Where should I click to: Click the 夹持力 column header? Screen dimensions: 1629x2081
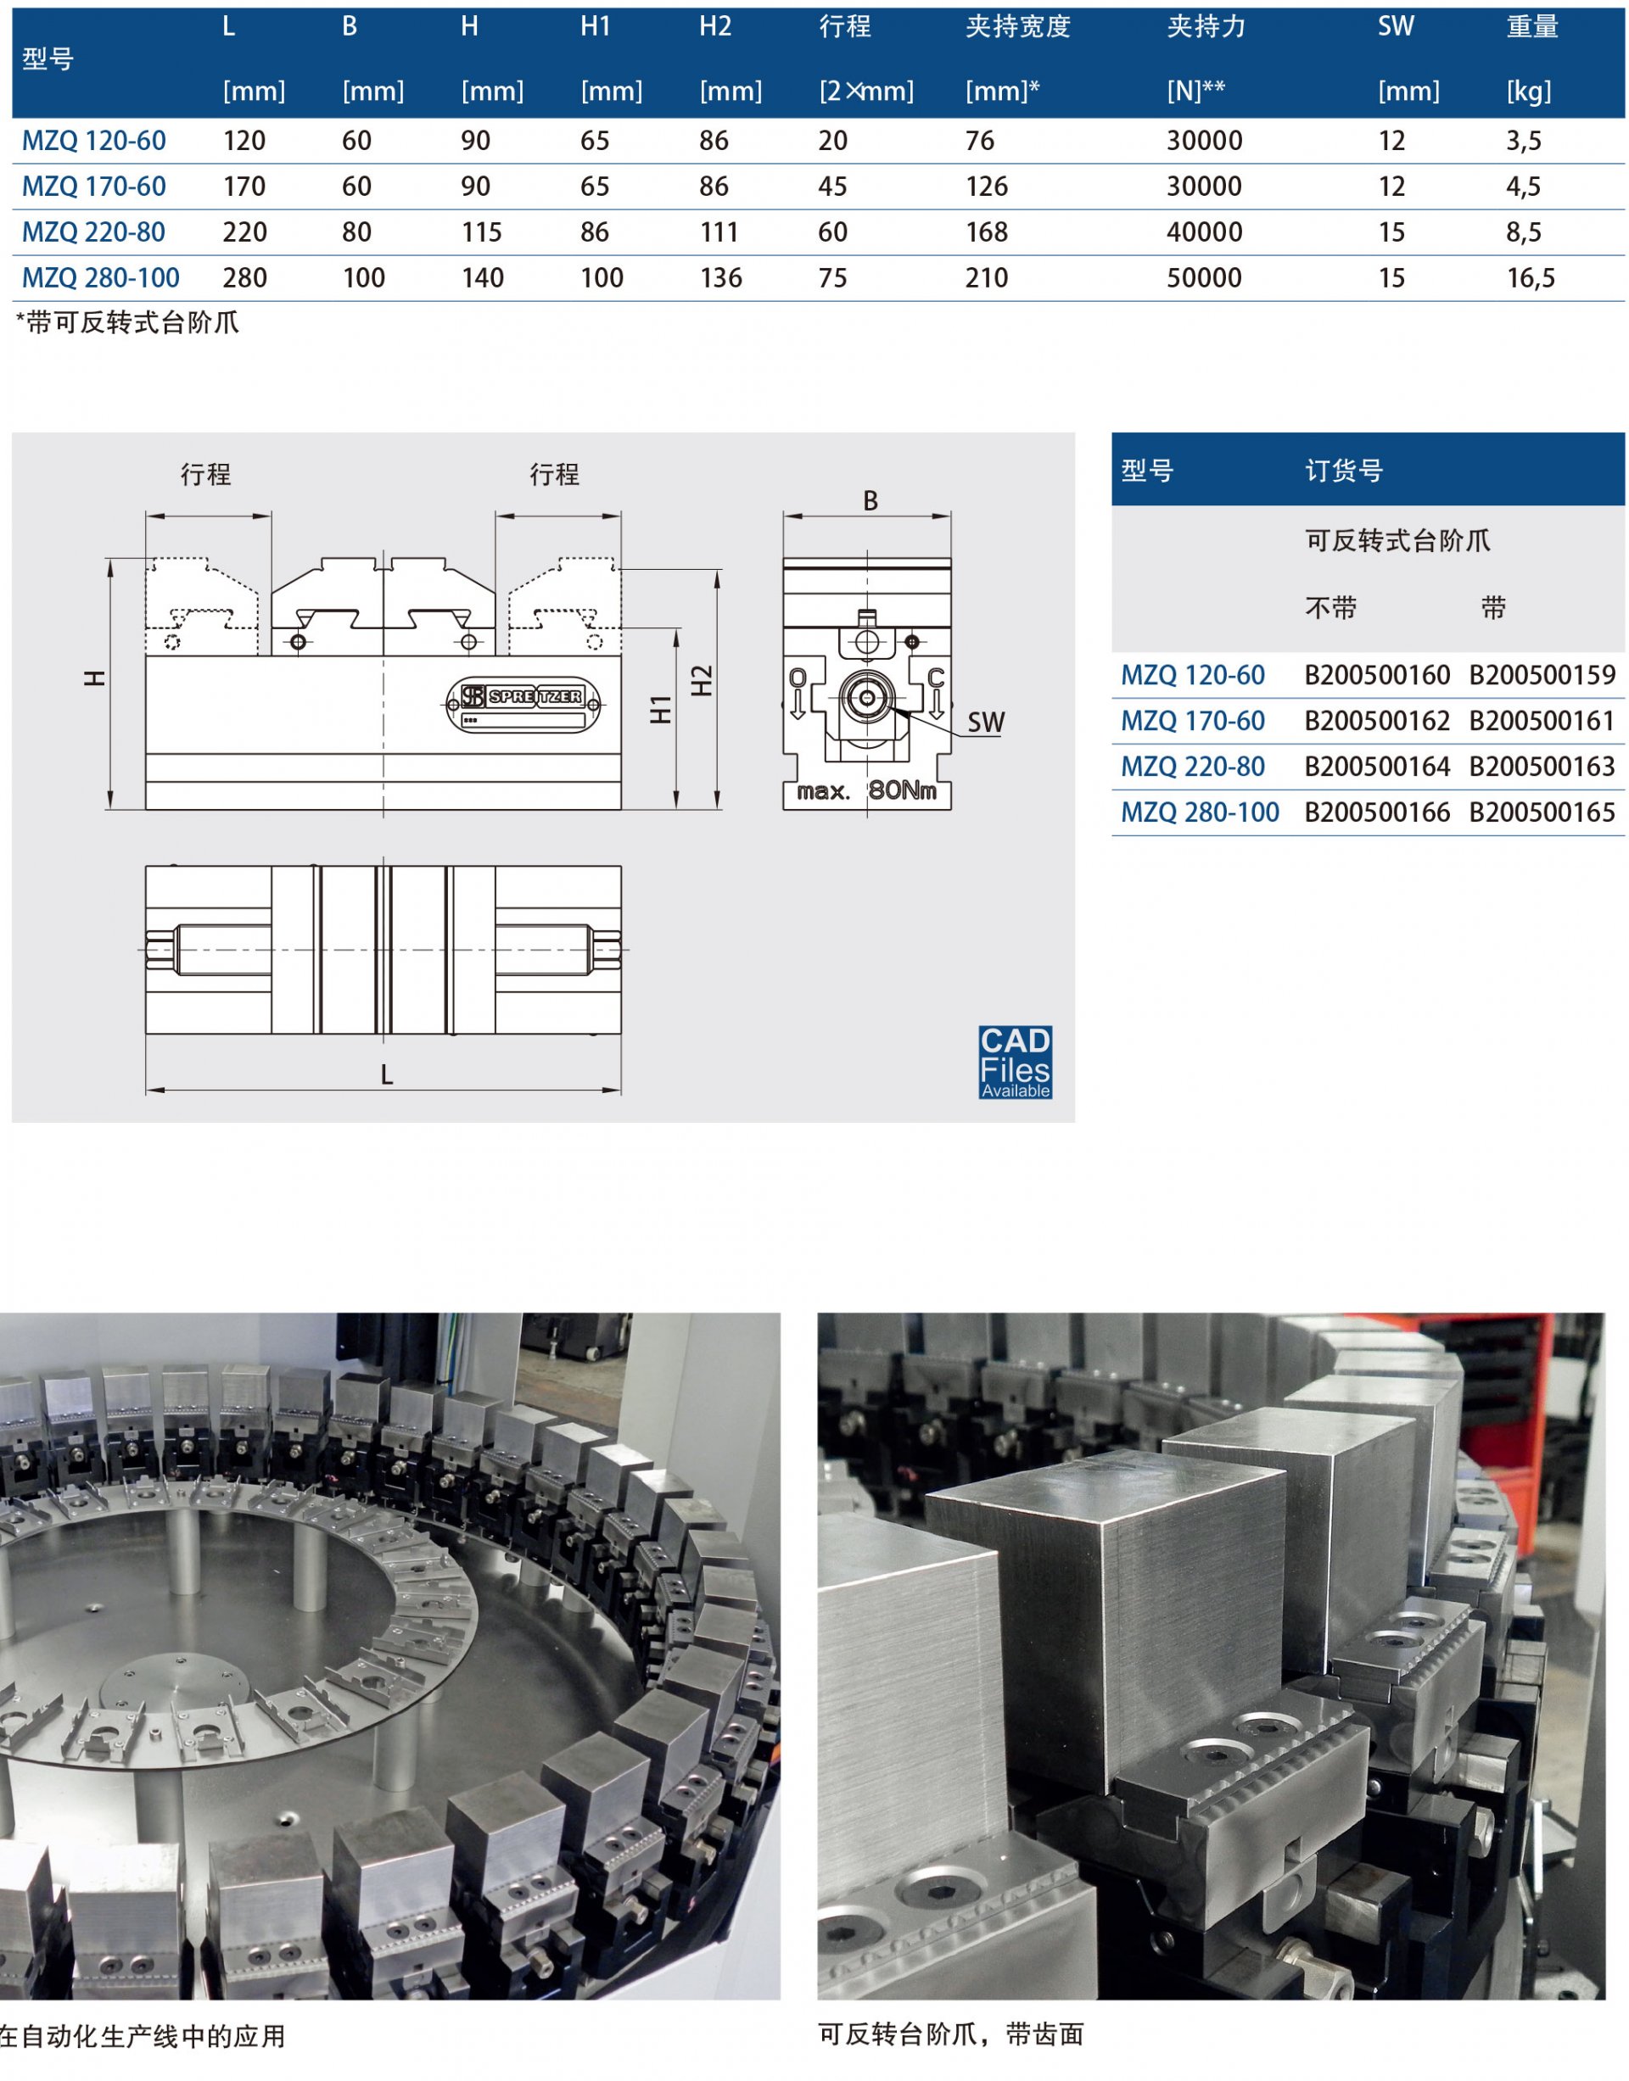tap(1206, 26)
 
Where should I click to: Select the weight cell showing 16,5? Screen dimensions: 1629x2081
tap(1531, 278)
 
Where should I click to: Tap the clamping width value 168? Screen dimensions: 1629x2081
tap(986, 232)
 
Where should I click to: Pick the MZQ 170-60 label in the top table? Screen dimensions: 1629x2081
tap(93, 187)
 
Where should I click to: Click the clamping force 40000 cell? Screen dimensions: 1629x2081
tap(1205, 232)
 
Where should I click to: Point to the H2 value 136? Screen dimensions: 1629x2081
tap(720, 278)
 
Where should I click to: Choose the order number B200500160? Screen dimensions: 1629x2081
tap(1377, 676)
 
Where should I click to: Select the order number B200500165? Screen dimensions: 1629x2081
tap(1542, 813)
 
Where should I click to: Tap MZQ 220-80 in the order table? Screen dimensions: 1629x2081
tap(1192, 767)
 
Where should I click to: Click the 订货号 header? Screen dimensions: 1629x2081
tap(1344, 471)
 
